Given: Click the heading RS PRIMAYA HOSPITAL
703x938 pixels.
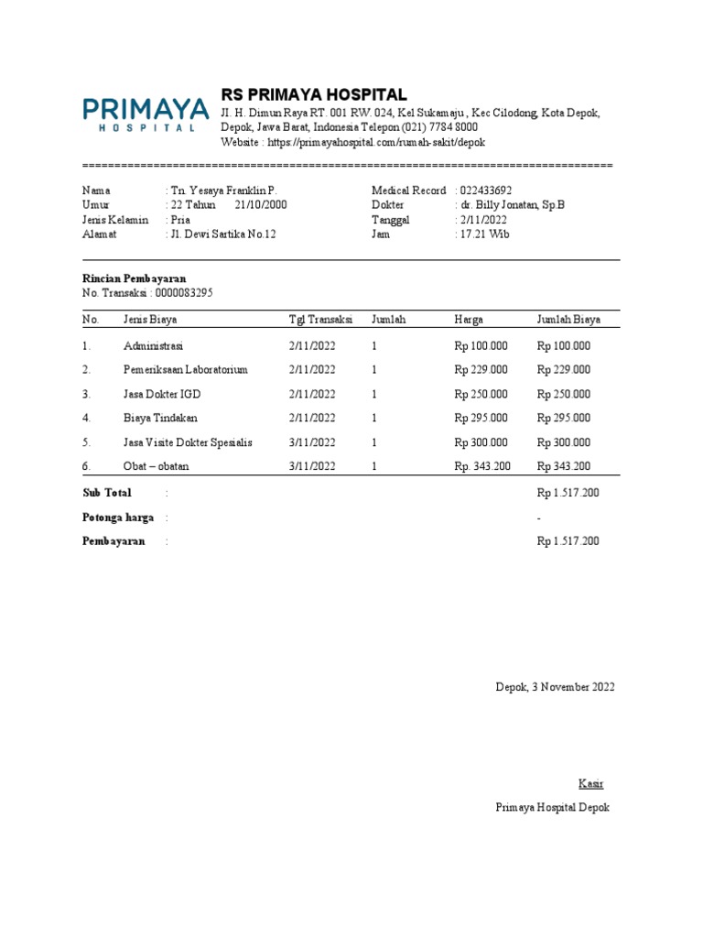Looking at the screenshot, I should (314, 95).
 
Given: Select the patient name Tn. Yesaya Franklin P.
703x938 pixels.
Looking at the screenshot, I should (222, 191).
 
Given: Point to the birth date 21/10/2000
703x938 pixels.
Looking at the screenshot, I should (261, 205).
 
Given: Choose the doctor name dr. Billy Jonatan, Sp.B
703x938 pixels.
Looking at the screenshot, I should (513, 205).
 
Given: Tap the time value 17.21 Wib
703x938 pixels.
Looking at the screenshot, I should (485, 234).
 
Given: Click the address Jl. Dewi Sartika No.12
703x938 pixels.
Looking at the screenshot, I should (222, 234).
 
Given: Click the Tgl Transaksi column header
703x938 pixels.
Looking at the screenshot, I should (320, 320).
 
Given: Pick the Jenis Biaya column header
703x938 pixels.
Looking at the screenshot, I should (150, 320).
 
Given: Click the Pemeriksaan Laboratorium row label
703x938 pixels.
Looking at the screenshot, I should (186, 370).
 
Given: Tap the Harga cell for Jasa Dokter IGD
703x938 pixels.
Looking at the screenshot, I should (481, 394).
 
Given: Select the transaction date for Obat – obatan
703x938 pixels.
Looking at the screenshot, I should (312, 466).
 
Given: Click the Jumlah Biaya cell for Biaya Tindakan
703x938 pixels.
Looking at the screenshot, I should (563, 418).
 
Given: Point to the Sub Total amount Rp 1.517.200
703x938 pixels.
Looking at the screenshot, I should (568, 493).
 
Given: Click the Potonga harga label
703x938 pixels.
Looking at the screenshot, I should (118, 518).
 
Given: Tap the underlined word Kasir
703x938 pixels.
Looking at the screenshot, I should (590, 784).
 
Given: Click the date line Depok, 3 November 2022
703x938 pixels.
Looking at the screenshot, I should (555, 687).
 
